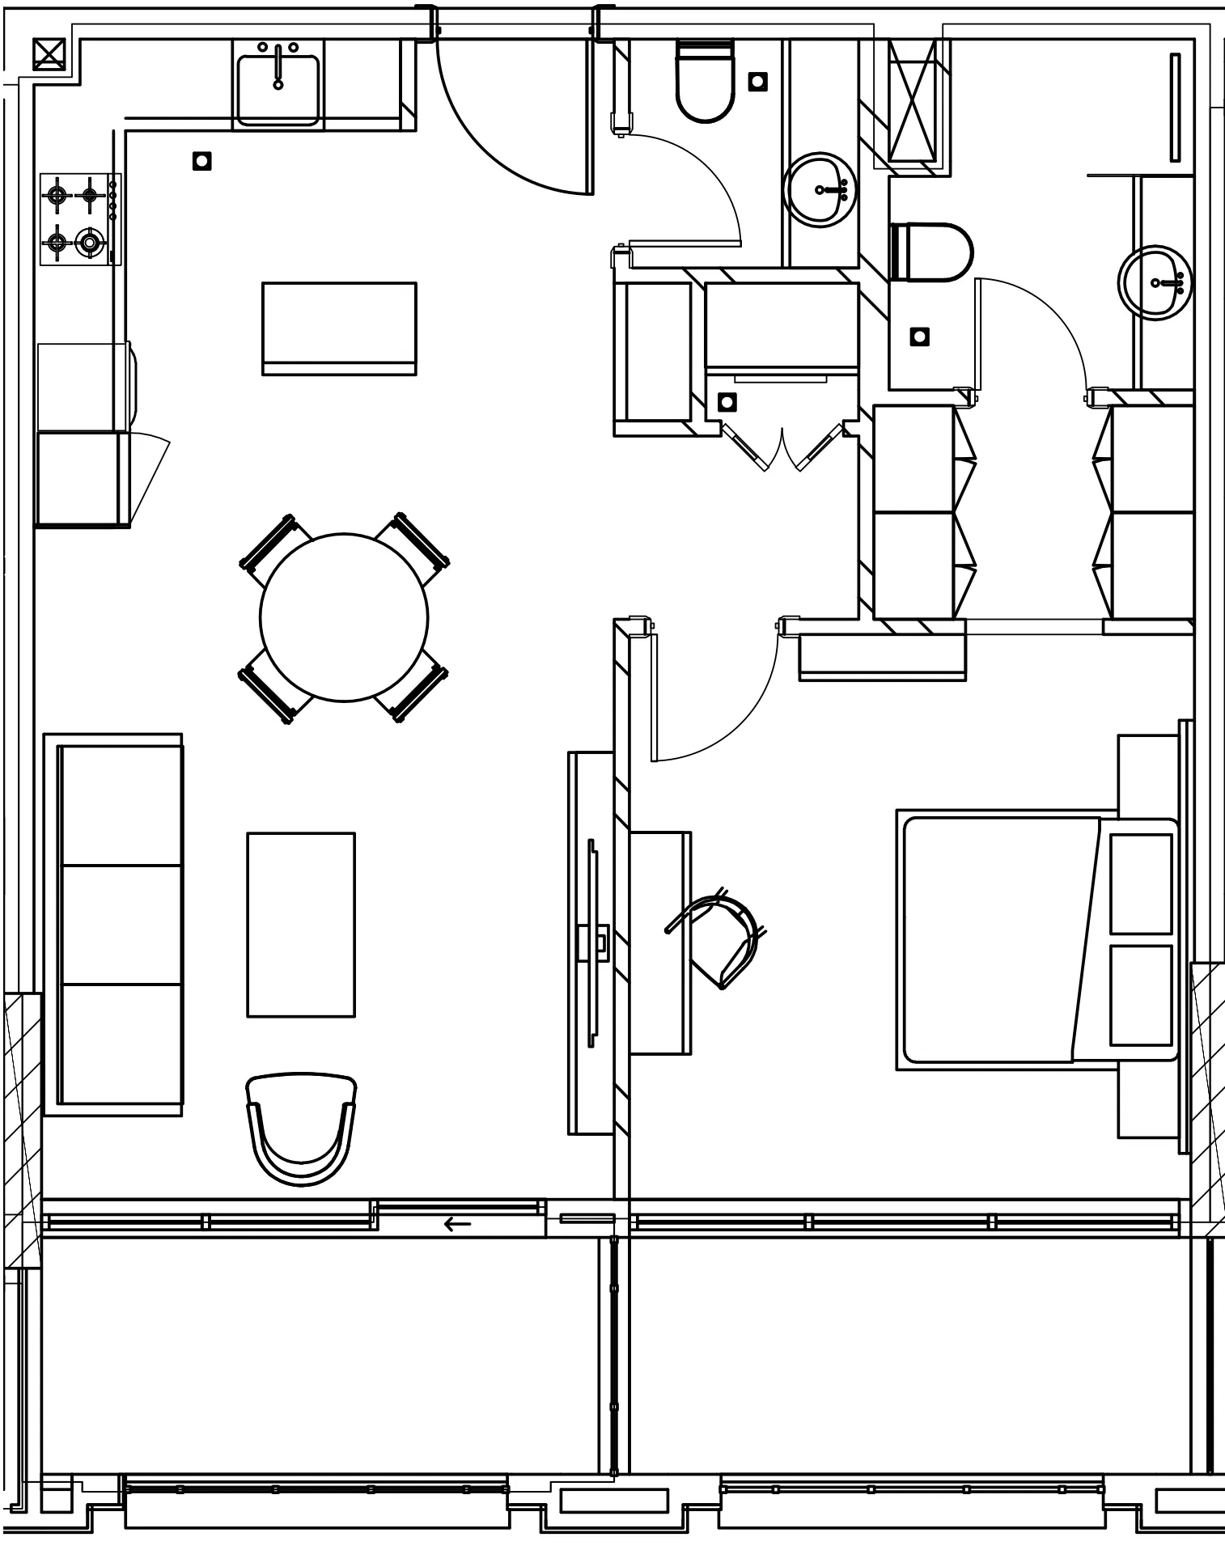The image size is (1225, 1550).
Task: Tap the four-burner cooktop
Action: point(75,218)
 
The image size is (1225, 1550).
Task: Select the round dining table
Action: point(344,617)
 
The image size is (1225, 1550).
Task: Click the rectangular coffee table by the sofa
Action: point(301,924)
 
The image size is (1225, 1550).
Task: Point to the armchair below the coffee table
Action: point(301,1129)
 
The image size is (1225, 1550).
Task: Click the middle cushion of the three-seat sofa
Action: point(121,924)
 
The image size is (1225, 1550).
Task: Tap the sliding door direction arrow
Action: point(458,1224)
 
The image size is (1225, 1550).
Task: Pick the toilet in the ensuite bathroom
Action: point(930,252)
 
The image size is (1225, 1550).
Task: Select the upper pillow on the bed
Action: point(1141,883)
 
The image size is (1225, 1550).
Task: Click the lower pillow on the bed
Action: point(1141,995)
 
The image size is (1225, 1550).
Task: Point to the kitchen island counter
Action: point(339,328)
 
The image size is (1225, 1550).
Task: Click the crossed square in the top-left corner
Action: point(49,54)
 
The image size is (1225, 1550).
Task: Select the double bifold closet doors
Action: point(782,449)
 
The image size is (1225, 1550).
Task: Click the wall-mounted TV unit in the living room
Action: point(593,943)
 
